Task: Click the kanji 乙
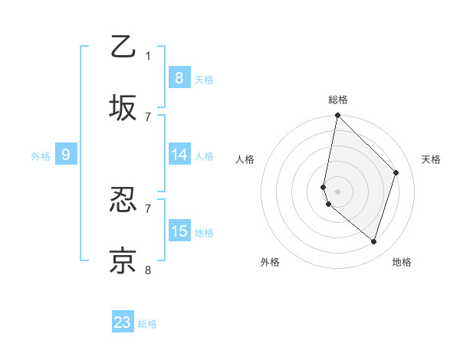click(x=123, y=47)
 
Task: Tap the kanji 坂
click(x=123, y=107)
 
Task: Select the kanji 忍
click(x=123, y=201)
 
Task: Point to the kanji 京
click(x=123, y=261)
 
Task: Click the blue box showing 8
click(x=179, y=78)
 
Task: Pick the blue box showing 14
click(x=179, y=155)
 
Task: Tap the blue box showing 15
click(x=179, y=231)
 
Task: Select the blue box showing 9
click(x=66, y=155)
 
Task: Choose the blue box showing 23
click(x=123, y=322)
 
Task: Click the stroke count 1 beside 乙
click(x=149, y=55)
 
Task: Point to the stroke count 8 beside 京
click(x=149, y=270)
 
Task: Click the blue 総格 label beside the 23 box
click(x=147, y=324)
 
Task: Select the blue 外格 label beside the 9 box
click(x=41, y=156)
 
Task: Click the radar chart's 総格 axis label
click(x=338, y=100)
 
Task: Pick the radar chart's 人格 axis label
click(x=245, y=159)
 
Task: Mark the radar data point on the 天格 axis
click(x=396, y=172)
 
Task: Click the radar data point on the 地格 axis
click(x=373, y=241)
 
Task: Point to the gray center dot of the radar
click(x=338, y=191)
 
